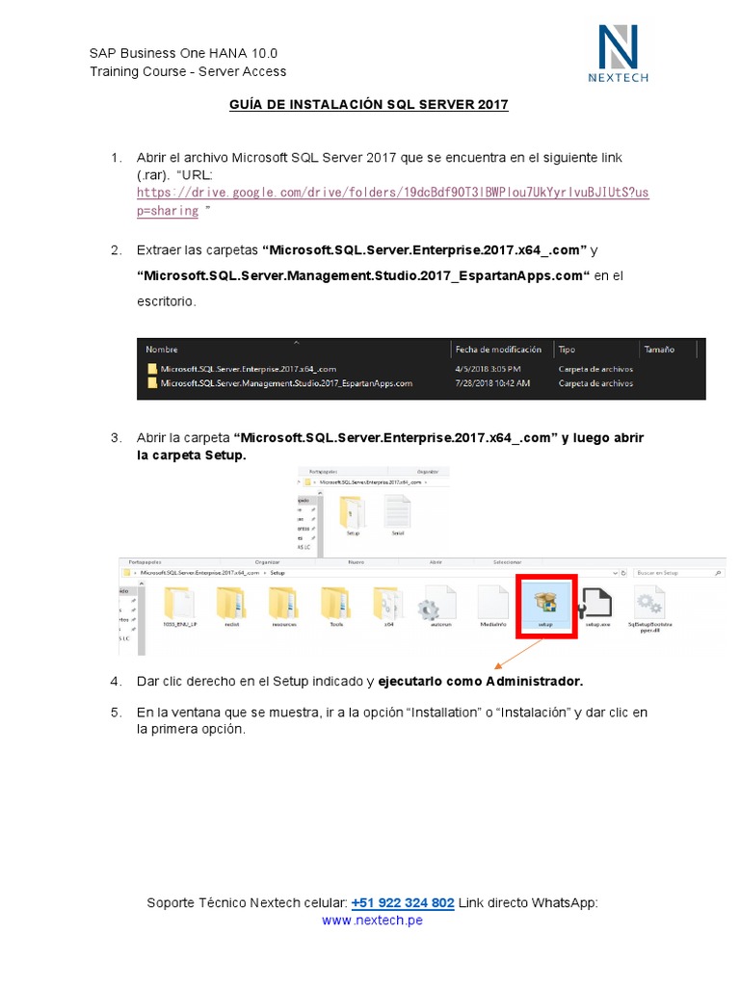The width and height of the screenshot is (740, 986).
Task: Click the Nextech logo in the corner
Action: [x=618, y=54]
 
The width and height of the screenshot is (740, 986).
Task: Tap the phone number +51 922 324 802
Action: [x=403, y=902]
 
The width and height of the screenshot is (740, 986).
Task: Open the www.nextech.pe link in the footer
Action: [x=372, y=920]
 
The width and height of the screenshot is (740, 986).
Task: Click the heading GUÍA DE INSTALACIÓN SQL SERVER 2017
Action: [x=368, y=104]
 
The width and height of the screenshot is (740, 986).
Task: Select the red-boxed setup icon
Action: [x=546, y=607]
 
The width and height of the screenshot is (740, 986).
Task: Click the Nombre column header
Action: [x=162, y=350]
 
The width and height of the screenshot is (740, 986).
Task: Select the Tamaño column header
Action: [x=659, y=350]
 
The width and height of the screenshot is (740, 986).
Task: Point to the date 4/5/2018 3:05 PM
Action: [x=489, y=369]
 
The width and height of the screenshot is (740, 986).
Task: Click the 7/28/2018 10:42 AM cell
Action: [x=491, y=383]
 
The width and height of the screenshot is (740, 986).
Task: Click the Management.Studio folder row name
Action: [x=286, y=383]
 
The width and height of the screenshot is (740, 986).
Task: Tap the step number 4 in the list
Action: [x=116, y=681]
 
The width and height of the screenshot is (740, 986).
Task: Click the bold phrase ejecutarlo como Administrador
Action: [x=480, y=681]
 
